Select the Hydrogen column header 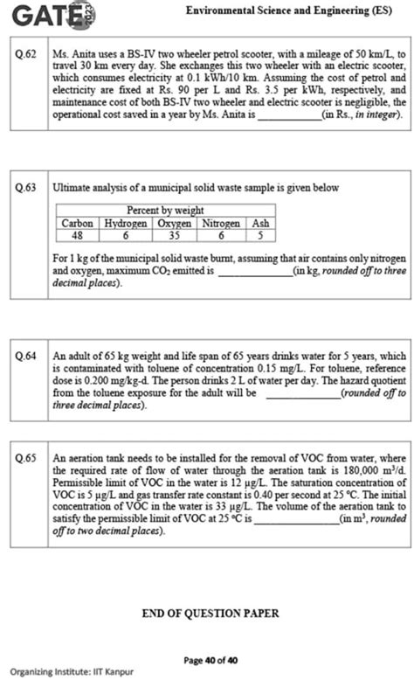[127, 223]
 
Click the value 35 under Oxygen [175, 234]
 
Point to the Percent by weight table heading [166, 211]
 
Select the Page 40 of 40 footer [210, 660]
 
